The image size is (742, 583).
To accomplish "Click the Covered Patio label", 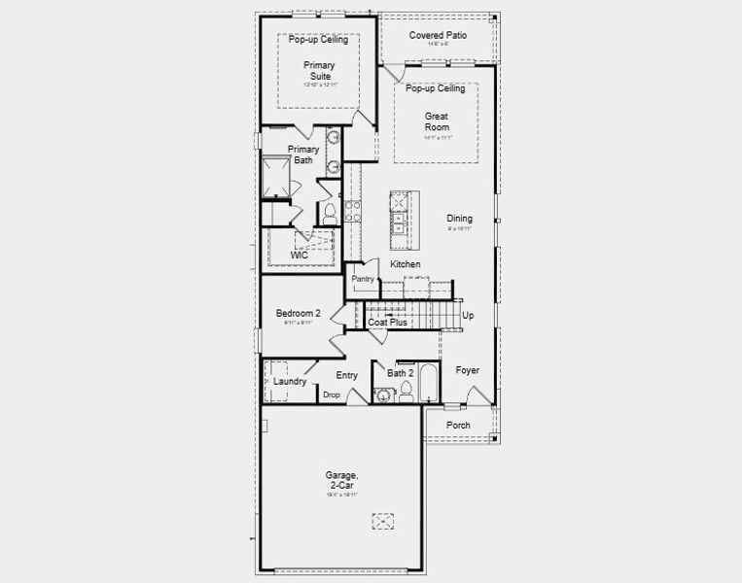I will tap(437, 35).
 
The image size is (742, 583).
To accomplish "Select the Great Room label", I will tap(436, 121).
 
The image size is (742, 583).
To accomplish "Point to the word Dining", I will tap(460, 219).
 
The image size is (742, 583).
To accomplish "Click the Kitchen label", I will tap(406, 264).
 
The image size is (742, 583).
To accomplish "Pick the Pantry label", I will tap(363, 279).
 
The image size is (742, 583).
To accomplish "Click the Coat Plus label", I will tap(387, 322).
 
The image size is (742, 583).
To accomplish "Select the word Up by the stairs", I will tap(468, 316).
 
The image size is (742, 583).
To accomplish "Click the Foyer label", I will tap(468, 370).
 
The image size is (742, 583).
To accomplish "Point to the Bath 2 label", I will tap(401, 373).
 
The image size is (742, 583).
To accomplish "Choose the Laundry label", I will tap(290, 382).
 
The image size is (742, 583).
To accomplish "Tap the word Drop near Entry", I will tap(332, 394).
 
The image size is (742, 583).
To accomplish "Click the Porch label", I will tap(458, 426).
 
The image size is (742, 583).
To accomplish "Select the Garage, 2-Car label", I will tap(342, 481).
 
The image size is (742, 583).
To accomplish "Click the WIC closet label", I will tap(285, 256).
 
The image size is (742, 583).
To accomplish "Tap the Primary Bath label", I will tap(302, 154).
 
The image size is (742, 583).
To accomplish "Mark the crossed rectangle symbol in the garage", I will tap(382, 522).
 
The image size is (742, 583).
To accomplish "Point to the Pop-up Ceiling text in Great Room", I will tap(436, 88).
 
